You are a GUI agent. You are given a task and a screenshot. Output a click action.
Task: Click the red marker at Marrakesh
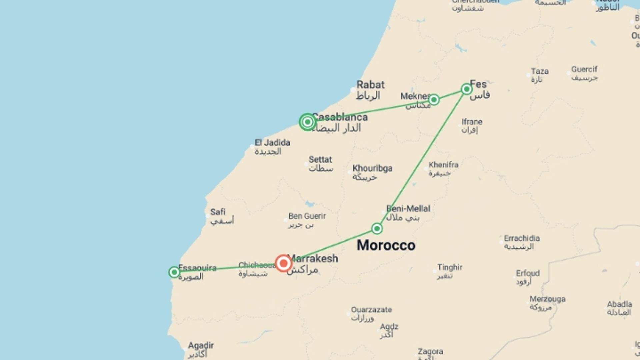coord(283,263)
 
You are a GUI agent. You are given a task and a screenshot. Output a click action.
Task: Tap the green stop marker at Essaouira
coord(174,272)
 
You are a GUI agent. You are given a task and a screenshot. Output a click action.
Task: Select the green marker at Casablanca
coord(307,122)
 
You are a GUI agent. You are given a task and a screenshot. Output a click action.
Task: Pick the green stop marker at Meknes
coord(434,100)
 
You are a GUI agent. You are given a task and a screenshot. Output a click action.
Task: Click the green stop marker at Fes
coord(467,89)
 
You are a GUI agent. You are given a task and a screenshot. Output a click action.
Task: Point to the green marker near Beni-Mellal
coord(377,229)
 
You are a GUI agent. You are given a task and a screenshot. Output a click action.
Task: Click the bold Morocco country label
coord(386,245)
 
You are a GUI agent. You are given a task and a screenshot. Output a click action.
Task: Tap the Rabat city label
coord(370,85)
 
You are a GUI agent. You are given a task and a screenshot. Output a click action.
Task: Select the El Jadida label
coord(272,143)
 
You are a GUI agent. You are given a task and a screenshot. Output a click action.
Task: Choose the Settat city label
coord(320,160)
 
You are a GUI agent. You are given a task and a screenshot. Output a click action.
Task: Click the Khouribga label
coord(372,168)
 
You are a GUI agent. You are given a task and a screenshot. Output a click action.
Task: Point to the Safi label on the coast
coord(218,212)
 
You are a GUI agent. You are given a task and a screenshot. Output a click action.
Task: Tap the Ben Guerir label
coord(307,216)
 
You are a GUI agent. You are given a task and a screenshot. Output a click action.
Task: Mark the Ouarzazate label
coord(371,310)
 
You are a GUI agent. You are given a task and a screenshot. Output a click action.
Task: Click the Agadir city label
coord(201,345)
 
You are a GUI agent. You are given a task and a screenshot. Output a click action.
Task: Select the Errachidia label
coord(522,238)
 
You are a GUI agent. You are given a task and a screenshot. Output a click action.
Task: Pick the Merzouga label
coord(547,299)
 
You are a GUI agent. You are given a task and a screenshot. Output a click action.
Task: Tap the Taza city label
coord(540,71)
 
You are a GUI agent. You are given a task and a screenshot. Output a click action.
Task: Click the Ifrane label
coord(472,122)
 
